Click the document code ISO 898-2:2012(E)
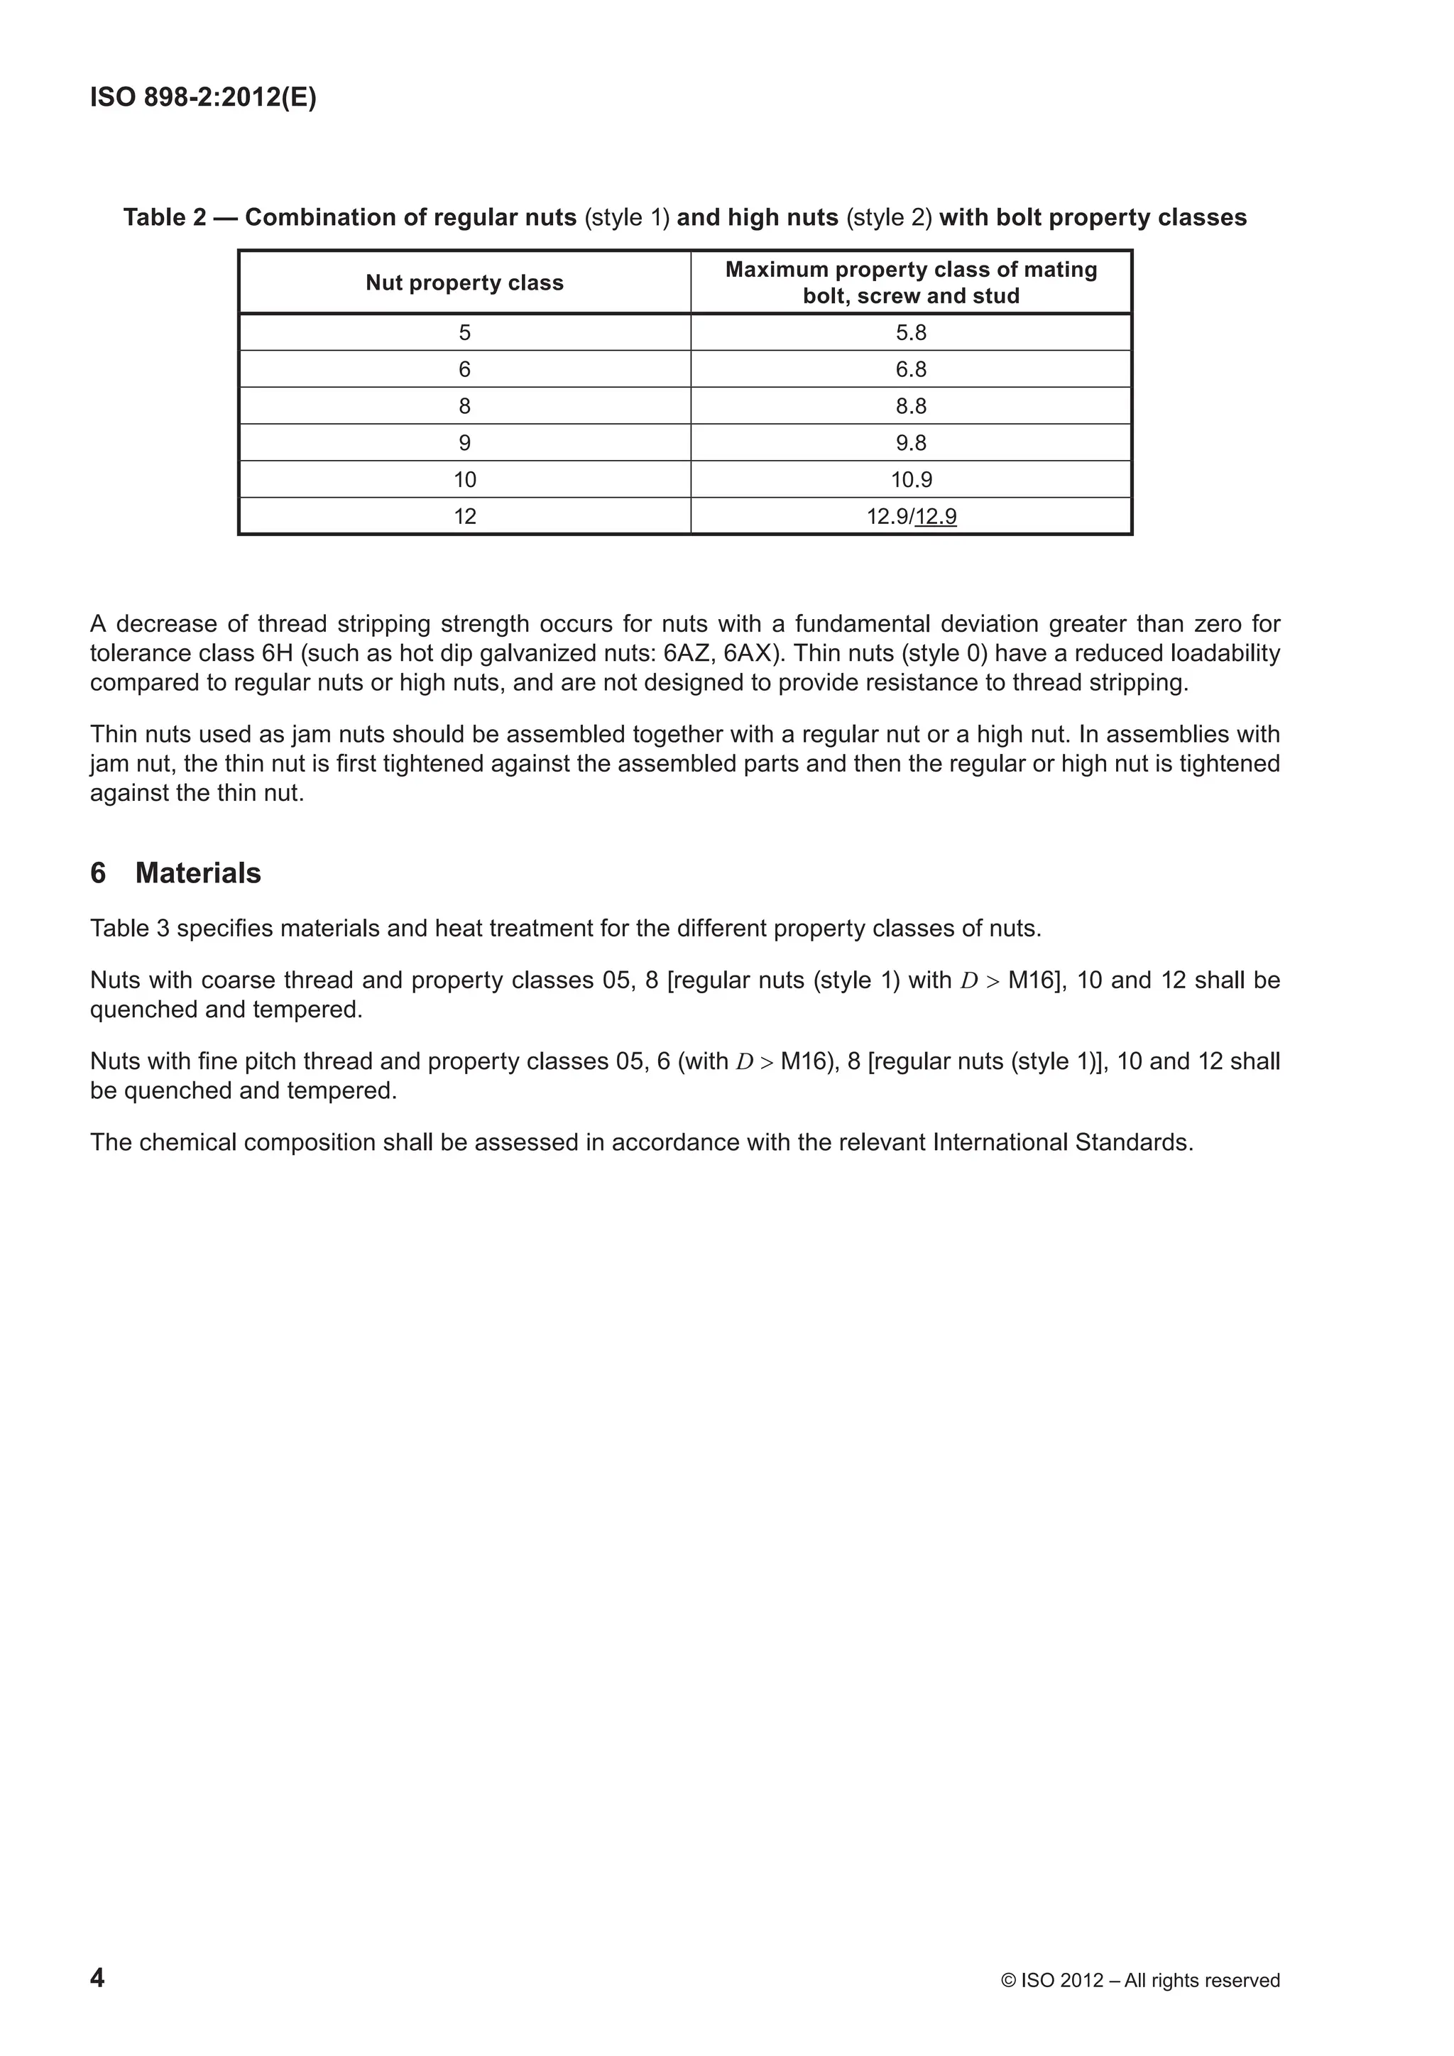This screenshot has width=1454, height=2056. pyautogui.click(x=203, y=97)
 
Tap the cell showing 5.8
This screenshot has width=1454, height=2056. pyautogui.click(x=911, y=333)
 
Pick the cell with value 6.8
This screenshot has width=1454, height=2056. pyautogui.click(x=911, y=370)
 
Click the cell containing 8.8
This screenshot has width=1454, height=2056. pyautogui.click(x=911, y=407)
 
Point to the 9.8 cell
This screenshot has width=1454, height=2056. pyautogui.click(x=911, y=443)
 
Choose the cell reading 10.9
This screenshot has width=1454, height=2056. pyautogui.click(x=911, y=480)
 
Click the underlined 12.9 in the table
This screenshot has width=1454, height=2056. pyautogui.click(x=936, y=517)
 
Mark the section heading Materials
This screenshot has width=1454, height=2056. pyautogui.click(x=198, y=873)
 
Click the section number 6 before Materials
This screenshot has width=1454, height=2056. pyautogui.click(x=97, y=873)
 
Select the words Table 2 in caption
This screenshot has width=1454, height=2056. pyautogui.click(x=165, y=218)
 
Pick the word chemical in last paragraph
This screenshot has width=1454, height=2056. pyautogui.click(x=188, y=1142)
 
